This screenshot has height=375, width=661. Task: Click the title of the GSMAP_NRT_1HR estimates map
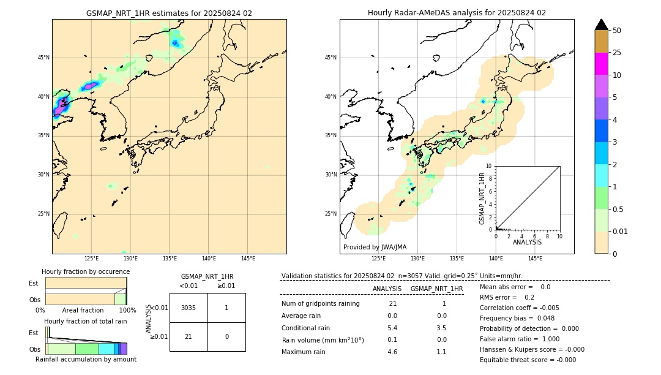click(x=169, y=13)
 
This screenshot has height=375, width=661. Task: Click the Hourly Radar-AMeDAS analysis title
click(x=457, y=13)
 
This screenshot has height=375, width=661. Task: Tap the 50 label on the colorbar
click(x=617, y=31)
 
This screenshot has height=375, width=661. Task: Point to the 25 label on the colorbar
click(x=617, y=53)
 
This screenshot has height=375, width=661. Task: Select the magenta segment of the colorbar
click(x=601, y=64)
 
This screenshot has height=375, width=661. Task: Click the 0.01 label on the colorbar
click(x=621, y=231)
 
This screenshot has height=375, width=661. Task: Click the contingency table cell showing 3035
click(x=189, y=308)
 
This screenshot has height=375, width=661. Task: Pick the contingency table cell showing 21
click(x=189, y=336)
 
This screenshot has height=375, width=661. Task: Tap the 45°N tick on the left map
click(x=43, y=58)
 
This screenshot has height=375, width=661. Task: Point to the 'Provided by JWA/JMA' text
click(x=375, y=248)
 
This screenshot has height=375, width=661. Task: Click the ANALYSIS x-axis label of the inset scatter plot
click(x=527, y=243)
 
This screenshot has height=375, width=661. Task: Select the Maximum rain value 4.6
click(x=392, y=352)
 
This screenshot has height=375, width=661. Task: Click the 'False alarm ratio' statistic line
click(x=520, y=339)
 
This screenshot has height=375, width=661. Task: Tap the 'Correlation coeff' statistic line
click(x=520, y=308)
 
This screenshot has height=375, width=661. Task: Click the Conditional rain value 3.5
click(x=441, y=328)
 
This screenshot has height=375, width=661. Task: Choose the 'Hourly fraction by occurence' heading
click(x=86, y=271)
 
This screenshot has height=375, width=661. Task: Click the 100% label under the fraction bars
click(x=127, y=311)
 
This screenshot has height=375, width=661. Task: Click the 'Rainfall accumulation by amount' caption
click(x=86, y=359)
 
